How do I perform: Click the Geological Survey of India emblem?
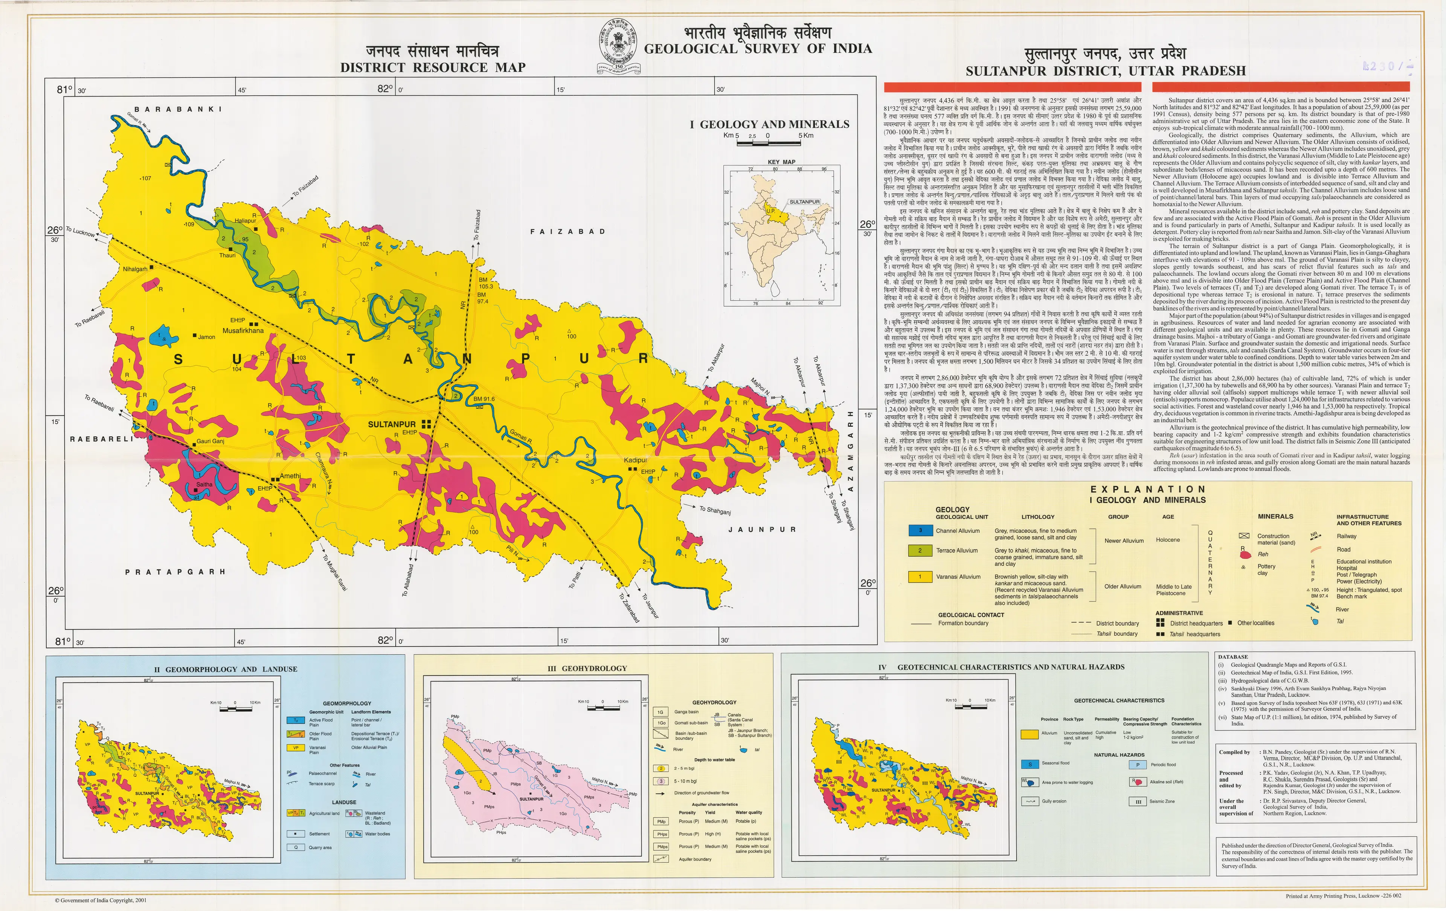click(619, 46)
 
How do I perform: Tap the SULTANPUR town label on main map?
click(392, 424)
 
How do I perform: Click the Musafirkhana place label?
click(243, 330)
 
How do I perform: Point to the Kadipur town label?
click(635, 460)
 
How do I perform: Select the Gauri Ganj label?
click(210, 441)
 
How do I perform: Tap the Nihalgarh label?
click(134, 269)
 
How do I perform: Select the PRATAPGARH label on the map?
click(175, 572)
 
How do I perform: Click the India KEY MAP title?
click(781, 162)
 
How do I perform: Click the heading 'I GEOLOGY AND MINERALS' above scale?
click(769, 124)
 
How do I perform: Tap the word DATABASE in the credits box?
click(1233, 657)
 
